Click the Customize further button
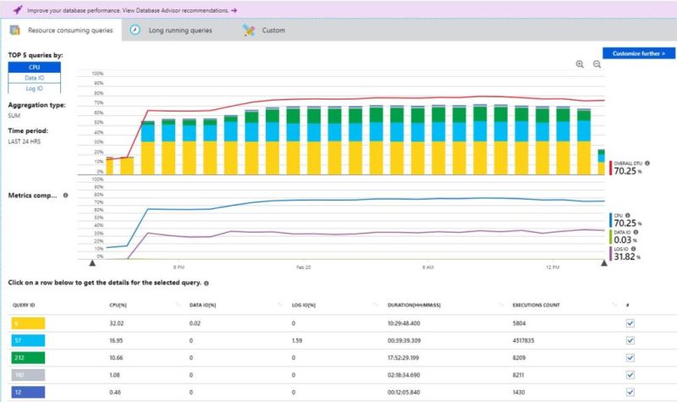point(639,52)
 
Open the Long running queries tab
point(179,30)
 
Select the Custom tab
point(272,30)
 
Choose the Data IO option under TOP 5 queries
point(36,78)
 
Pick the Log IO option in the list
point(36,88)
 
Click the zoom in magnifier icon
point(580,64)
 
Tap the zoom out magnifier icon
point(597,64)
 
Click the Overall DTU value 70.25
point(627,169)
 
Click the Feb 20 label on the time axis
point(303,267)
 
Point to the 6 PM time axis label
point(179,267)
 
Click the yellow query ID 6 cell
point(28,322)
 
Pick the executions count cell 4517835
point(529,340)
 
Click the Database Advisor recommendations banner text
point(127,9)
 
